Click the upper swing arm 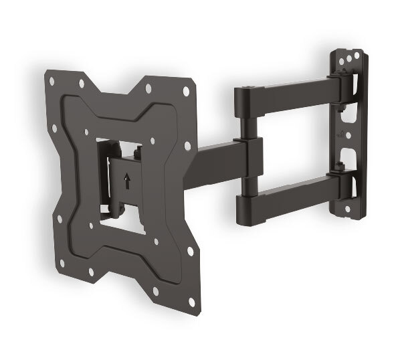[x=288, y=94]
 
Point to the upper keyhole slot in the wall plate [x=346, y=114]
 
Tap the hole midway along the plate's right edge [x=188, y=145]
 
